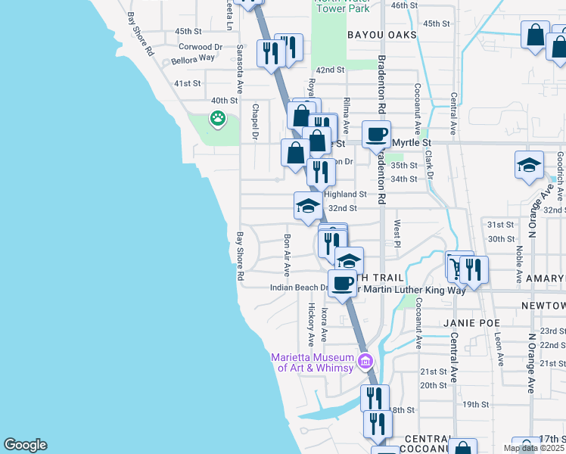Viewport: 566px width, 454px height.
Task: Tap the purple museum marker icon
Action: click(366, 360)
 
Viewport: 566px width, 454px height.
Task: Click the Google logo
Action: click(25, 445)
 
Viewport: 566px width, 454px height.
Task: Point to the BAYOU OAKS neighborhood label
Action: click(382, 35)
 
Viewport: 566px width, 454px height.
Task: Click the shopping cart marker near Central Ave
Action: click(456, 266)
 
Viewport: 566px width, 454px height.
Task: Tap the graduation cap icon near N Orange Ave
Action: click(529, 164)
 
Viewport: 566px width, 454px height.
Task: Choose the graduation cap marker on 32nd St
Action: click(308, 206)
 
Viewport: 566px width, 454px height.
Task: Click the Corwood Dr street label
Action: click(207, 46)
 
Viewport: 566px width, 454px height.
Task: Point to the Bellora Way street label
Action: click(194, 58)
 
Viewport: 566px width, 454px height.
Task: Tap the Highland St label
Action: click(345, 194)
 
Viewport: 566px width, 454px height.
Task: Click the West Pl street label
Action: click(397, 233)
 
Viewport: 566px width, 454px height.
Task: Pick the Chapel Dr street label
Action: click(256, 122)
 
